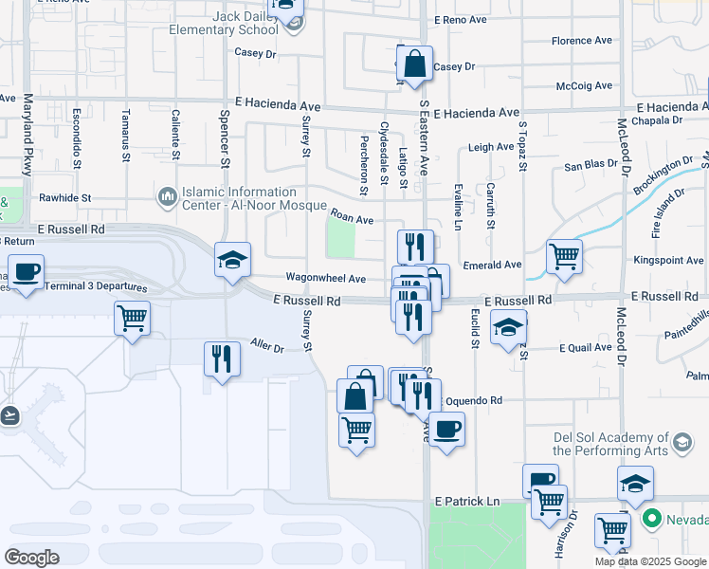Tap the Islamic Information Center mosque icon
[168, 196]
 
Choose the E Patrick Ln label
[466, 500]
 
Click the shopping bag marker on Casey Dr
[414, 65]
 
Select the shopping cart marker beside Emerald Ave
[564, 254]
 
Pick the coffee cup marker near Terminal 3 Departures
[26, 272]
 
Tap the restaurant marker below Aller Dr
[222, 359]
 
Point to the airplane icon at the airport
[9, 414]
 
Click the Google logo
[31, 558]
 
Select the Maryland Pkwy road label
[27, 134]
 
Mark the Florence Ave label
[585, 41]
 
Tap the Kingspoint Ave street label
[668, 260]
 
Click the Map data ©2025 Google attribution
[650, 561]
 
